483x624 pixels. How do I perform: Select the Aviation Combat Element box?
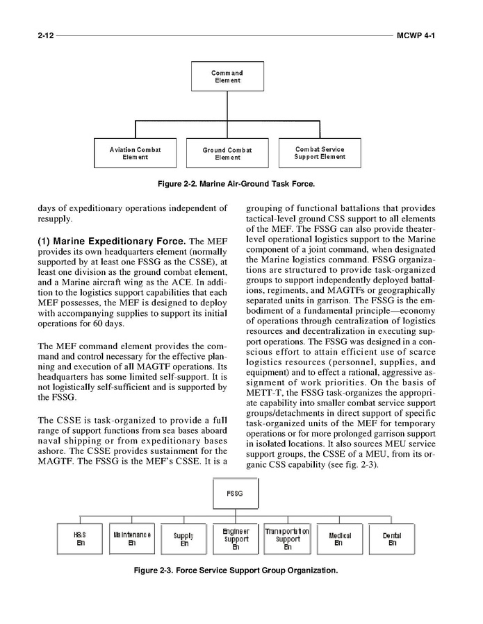click(135, 153)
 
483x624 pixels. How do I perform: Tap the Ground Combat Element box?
click(227, 153)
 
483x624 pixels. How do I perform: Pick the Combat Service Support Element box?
click(319, 153)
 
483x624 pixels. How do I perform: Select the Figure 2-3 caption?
click(236, 571)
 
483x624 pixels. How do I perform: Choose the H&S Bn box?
click(80, 539)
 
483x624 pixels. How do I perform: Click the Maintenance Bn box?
click(131, 539)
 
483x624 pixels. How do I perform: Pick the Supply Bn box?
click(183, 539)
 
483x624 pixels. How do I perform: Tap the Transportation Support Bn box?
click(287, 539)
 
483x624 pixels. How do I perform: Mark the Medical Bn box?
click(338, 539)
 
